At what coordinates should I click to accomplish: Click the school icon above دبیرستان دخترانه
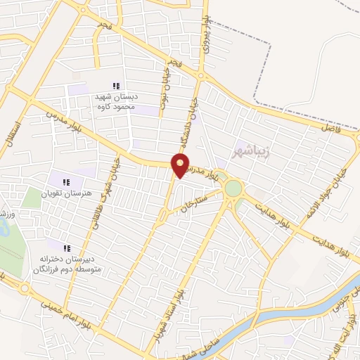pos(68,248)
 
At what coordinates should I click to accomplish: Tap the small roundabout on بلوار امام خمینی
pos(25,288)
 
